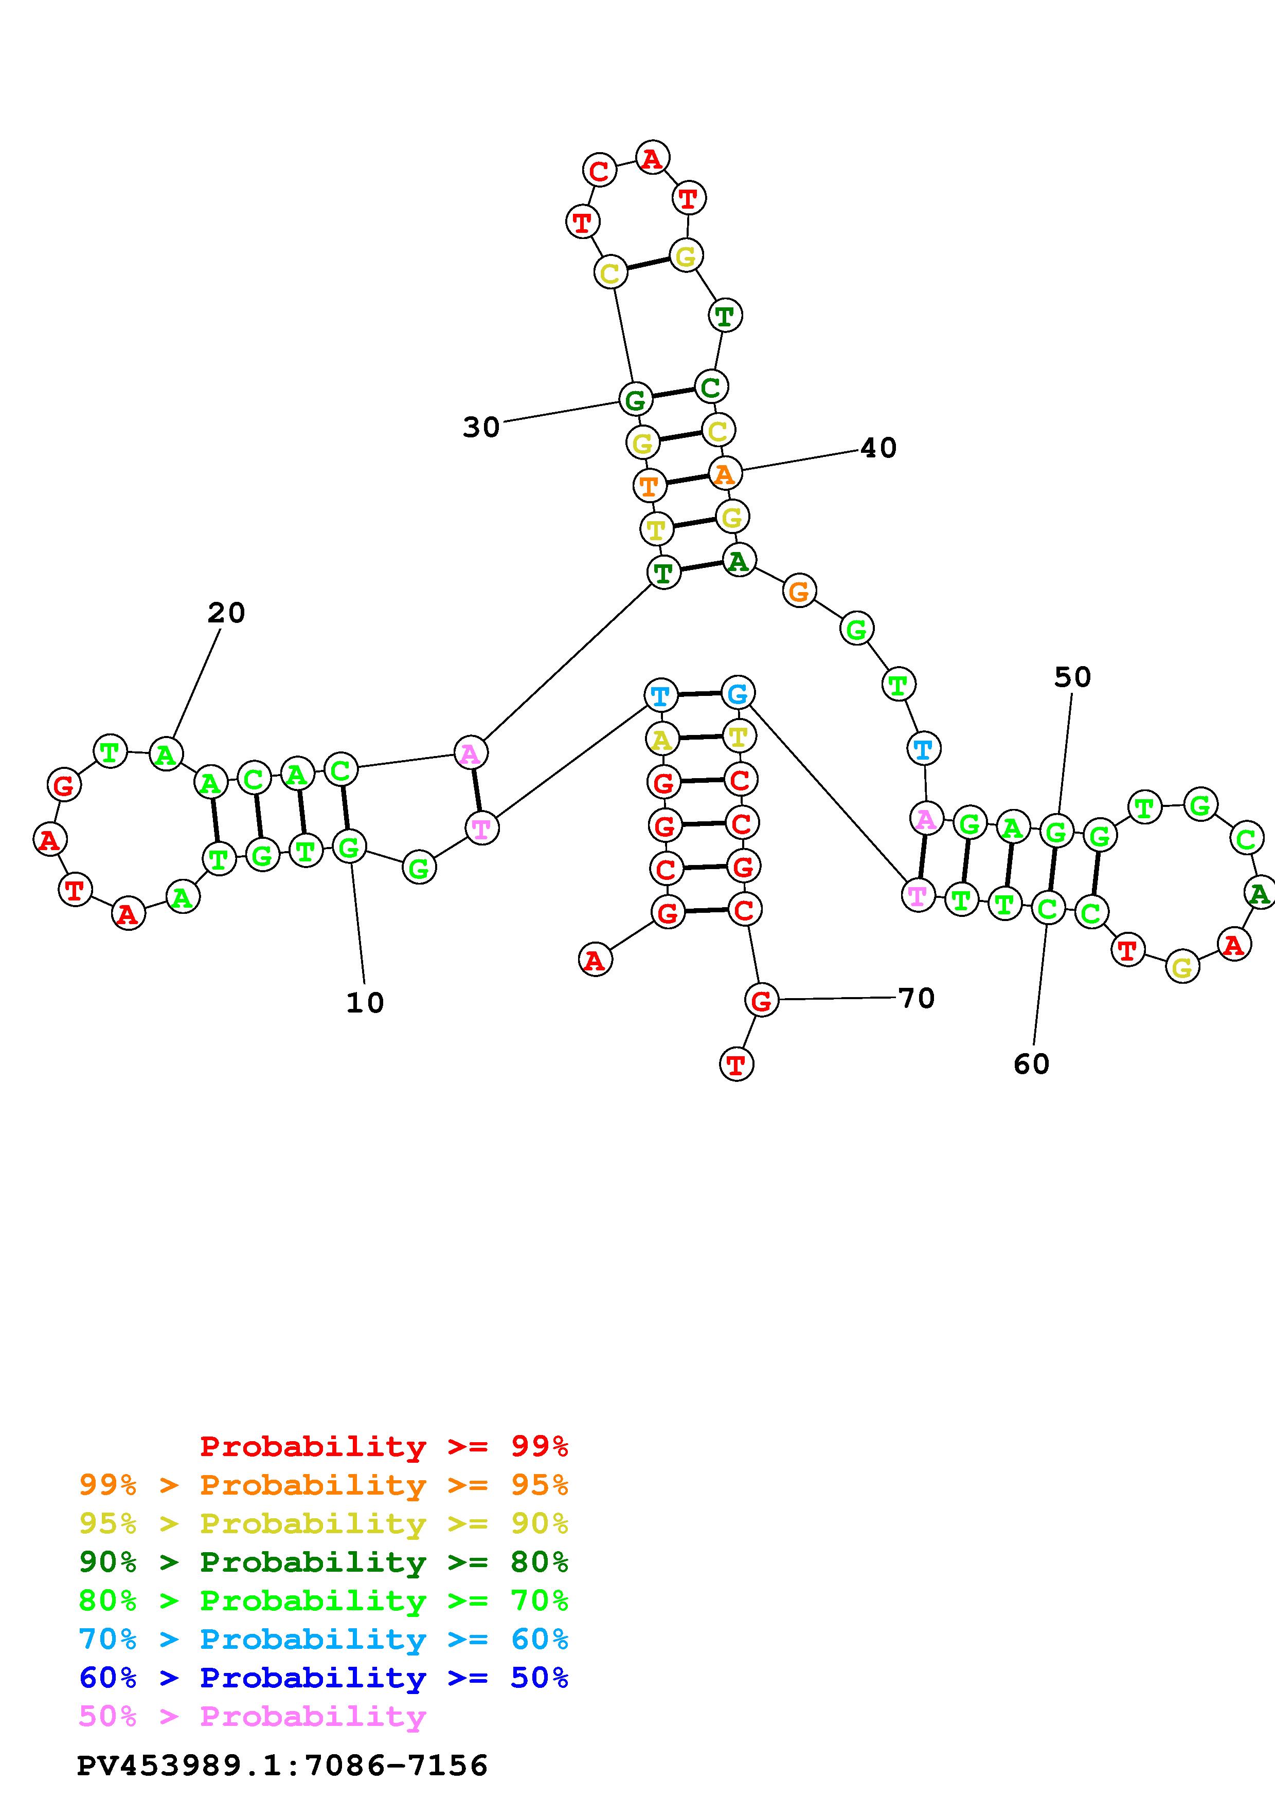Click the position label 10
pos(365,1003)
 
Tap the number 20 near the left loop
pos(226,613)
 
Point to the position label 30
pos(481,427)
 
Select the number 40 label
pos(878,448)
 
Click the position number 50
pos(1072,677)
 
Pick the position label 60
pos(1032,1064)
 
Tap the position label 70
pos(916,998)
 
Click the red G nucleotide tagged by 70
pos(761,1001)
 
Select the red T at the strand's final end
pos(736,1065)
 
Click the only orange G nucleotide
pos(799,591)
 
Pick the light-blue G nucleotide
pos(738,693)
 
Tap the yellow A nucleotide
pos(662,739)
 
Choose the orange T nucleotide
pos(649,485)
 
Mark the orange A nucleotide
pos(724,473)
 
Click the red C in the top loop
pos(599,171)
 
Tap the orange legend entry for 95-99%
pos(324,1485)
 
